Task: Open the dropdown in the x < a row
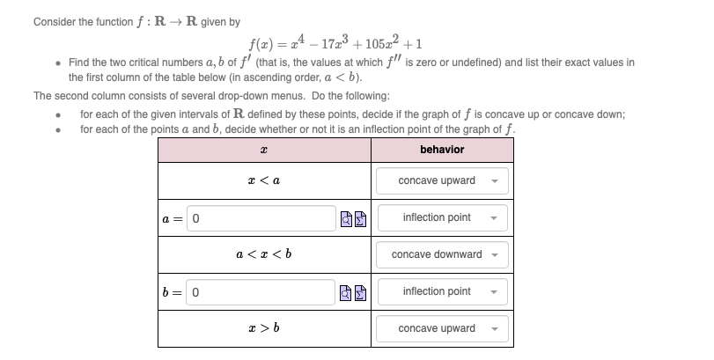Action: coord(443,180)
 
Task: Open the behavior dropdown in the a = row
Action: coord(443,217)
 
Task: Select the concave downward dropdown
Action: coord(443,254)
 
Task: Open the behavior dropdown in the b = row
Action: coord(443,291)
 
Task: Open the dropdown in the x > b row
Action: coord(443,328)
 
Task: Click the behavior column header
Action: coord(442,150)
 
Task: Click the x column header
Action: coord(264,150)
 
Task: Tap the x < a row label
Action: coord(264,180)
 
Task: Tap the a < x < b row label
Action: coord(264,254)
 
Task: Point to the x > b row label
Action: coord(264,328)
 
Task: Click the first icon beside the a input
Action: coord(347,218)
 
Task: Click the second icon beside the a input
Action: coord(360,218)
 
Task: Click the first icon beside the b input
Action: coord(347,292)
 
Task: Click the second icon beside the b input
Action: coord(360,292)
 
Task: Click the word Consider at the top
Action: coord(54,22)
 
